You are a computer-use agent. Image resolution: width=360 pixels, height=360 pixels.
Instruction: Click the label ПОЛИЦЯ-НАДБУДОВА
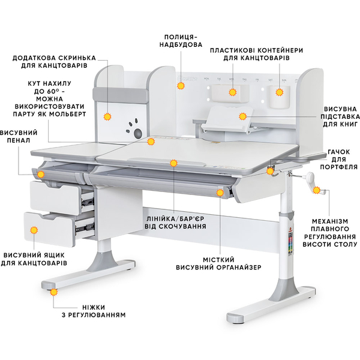point(181,41)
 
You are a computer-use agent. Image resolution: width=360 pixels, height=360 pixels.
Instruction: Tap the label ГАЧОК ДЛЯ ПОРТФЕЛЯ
point(338,160)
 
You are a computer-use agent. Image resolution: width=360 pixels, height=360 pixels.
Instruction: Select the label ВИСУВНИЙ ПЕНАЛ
point(18,136)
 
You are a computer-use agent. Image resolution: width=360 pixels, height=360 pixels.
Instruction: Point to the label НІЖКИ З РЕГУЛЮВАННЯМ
point(94,311)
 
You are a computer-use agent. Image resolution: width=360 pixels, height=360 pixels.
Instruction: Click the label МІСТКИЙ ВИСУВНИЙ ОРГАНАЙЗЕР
point(218,263)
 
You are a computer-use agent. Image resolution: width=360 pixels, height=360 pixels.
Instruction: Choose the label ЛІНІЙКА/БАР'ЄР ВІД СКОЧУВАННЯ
point(175,222)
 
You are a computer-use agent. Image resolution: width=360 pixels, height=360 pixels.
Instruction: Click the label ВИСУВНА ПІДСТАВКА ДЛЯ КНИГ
point(340,116)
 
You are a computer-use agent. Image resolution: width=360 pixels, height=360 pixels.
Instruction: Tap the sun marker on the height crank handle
point(317,190)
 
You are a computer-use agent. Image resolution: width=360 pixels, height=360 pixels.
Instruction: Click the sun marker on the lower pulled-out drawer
point(34,230)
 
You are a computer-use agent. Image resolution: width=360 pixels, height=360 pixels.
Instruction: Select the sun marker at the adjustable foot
point(54,292)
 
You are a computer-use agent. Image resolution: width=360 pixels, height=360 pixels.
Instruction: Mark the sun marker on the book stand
point(242,116)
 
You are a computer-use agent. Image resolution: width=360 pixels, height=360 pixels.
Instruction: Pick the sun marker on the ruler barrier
point(174,163)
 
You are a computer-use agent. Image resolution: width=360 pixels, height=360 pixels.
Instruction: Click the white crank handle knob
point(311,177)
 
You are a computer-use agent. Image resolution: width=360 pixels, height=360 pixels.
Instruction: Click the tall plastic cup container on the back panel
point(279,97)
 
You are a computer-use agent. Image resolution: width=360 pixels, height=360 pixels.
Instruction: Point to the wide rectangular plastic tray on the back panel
point(230,93)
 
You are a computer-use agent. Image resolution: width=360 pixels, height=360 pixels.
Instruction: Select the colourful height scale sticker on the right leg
point(290,241)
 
